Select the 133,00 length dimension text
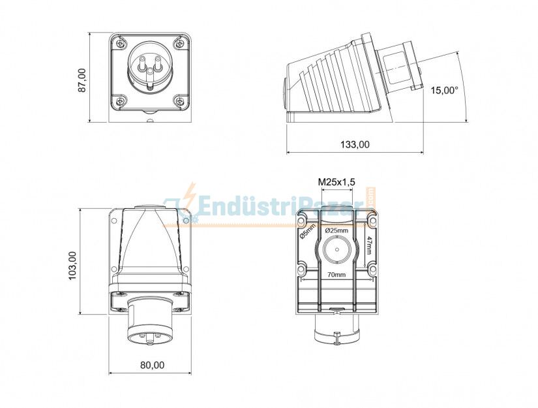[354, 145]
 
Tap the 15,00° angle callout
[444, 91]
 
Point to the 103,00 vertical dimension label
[72, 266]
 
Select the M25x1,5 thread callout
[336, 181]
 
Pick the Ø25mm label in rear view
[336, 230]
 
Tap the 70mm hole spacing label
[337, 275]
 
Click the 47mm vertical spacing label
[370, 247]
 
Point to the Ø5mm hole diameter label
[307, 231]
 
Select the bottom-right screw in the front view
[180, 101]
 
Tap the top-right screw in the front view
[180, 44]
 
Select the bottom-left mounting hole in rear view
[301, 268]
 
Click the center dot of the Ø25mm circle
[336, 249]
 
